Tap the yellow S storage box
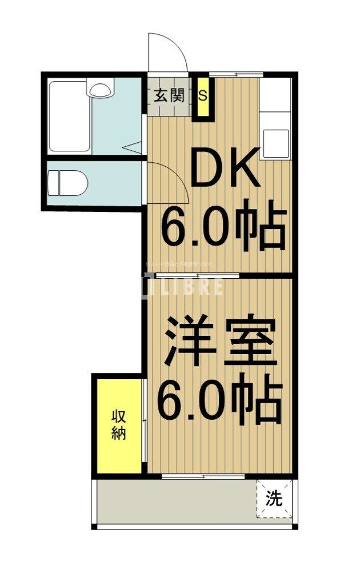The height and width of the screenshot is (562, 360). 202,95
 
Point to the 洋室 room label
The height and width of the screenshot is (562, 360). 221,343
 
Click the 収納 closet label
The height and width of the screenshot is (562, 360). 118,424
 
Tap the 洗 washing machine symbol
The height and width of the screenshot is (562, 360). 274,499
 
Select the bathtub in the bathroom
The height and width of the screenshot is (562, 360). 69,117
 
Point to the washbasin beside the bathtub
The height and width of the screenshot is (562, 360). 101,90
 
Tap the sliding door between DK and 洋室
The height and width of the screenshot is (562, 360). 197,276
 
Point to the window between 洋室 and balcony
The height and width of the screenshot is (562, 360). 203,476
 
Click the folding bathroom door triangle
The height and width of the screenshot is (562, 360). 133,147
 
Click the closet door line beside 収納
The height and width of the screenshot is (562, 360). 143,423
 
